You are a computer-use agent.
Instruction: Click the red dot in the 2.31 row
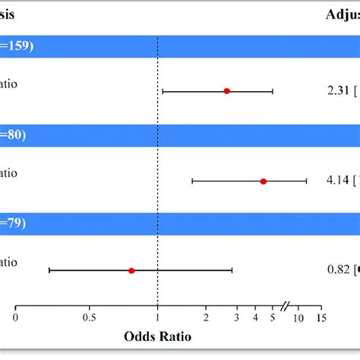pyautogui.click(x=226, y=91)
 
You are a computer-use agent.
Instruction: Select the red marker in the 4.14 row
pyautogui.click(x=264, y=181)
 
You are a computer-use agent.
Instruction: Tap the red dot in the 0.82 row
pyautogui.click(x=131, y=270)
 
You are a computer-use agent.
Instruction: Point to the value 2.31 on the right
pyautogui.click(x=332, y=91)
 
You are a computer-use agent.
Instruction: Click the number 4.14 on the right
pyautogui.click(x=332, y=181)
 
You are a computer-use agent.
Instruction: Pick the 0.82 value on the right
pyautogui.click(x=332, y=270)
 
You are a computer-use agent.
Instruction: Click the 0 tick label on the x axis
pyautogui.click(x=16, y=317)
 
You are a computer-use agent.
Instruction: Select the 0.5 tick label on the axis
pyautogui.click(x=90, y=317)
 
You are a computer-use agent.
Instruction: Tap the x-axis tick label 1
pyautogui.click(x=157, y=317)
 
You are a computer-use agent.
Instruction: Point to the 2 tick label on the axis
pyautogui.click(x=205, y=317)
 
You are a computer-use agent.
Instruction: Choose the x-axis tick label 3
pyautogui.click(x=237, y=317)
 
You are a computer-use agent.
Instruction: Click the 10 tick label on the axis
pyautogui.click(x=298, y=317)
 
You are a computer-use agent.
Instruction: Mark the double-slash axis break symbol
pyautogui.click(x=285, y=306)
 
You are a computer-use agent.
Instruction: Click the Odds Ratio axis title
pyautogui.click(x=157, y=335)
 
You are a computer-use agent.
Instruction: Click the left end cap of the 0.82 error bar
pyautogui.click(x=49, y=270)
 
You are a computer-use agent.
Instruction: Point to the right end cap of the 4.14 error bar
pyautogui.click(x=306, y=181)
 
